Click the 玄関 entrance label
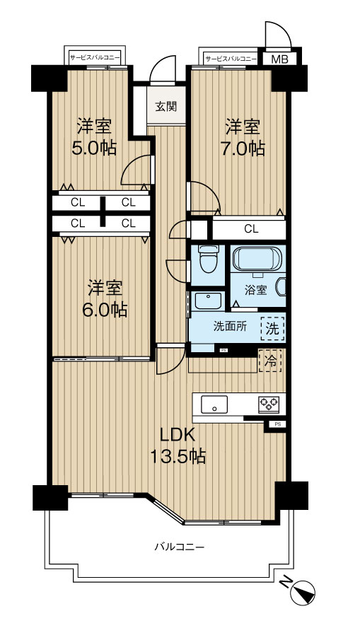(166, 107)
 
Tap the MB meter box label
(279, 59)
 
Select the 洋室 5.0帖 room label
(94, 137)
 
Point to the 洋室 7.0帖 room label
(242, 137)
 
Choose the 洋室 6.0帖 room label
(105, 299)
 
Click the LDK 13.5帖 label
(178, 445)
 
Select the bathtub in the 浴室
(258, 260)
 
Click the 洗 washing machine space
(272, 328)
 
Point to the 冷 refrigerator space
(270, 361)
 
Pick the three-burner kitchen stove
(269, 404)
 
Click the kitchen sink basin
(214, 405)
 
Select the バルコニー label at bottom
(180, 546)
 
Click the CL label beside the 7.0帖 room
(251, 229)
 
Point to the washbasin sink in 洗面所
(207, 301)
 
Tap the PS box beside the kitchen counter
(277, 424)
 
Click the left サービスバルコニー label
(95, 58)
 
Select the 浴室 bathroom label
(256, 290)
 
